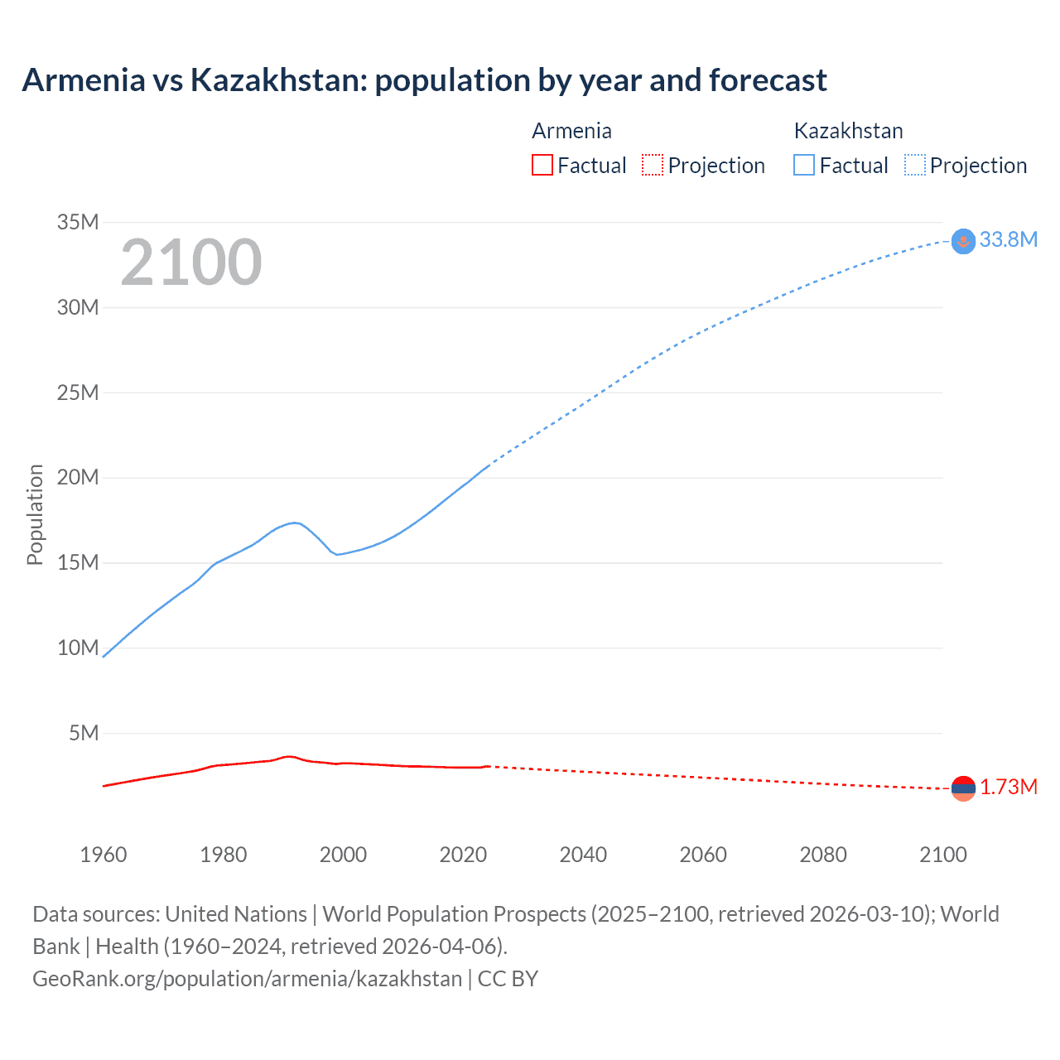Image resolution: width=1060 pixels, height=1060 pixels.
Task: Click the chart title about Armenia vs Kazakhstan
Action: point(424,80)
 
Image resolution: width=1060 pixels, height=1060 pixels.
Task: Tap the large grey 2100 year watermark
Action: point(191,263)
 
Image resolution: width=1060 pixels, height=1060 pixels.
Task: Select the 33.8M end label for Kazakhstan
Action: point(1008,239)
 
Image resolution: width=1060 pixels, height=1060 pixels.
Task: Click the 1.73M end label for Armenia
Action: point(1008,787)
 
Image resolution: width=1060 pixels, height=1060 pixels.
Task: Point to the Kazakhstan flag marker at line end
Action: point(963,241)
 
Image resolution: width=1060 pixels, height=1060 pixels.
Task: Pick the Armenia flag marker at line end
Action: point(963,788)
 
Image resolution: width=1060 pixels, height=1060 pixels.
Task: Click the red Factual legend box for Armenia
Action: point(542,165)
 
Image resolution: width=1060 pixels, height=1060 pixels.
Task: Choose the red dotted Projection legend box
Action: point(653,165)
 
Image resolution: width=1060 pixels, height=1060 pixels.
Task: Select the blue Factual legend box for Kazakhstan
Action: point(804,165)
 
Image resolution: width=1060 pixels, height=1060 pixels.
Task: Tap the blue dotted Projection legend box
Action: point(915,165)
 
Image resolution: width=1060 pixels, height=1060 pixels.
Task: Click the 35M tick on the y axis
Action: point(78,222)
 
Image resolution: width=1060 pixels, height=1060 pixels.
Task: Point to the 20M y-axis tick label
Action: point(78,477)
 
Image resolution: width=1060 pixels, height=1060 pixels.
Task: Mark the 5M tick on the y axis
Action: point(84,733)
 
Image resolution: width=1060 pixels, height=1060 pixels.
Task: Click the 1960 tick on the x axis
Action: point(104,855)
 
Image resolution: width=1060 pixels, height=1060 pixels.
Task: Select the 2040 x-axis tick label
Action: point(583,855)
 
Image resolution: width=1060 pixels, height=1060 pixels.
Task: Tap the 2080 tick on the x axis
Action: point(823,855)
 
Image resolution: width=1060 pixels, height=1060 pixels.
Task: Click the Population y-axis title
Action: point(35,514)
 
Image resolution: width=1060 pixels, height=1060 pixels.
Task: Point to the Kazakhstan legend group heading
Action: point(848,131)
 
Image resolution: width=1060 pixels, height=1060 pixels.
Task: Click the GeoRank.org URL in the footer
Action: point(247,979)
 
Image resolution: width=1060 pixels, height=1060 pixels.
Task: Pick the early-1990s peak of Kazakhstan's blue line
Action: point(294,523)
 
